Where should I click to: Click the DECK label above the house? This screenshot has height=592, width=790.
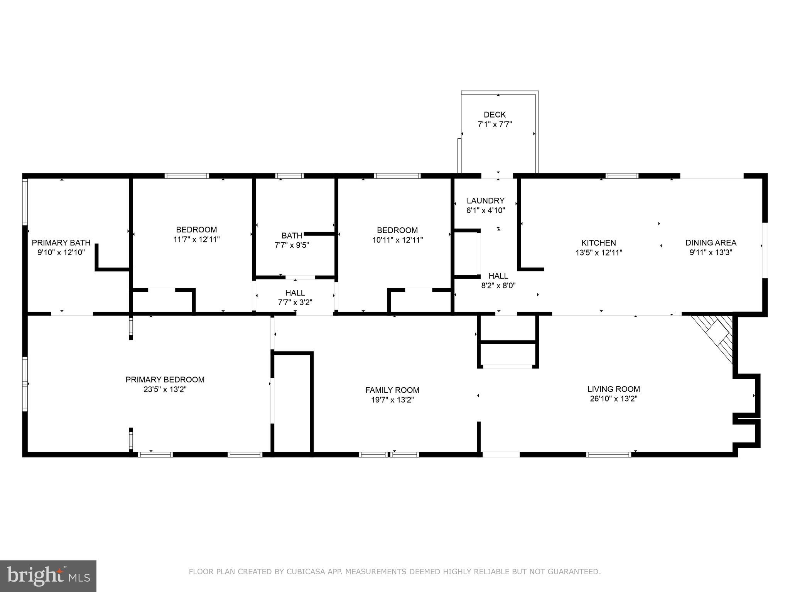point(495,114)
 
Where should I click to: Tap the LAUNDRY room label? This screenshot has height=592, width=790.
point(485,200)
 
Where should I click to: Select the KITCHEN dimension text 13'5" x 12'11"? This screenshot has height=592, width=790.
point(599,253)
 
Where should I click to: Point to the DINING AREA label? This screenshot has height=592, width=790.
point(711,243)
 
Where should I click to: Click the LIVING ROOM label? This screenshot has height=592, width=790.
point(613,389)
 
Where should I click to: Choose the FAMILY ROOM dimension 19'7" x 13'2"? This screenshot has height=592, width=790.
point(392,400)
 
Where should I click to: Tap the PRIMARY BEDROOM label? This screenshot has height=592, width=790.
point(165,380)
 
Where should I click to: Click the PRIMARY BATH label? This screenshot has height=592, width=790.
point(61,243)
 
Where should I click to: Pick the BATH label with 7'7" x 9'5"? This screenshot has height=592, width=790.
point(292,235)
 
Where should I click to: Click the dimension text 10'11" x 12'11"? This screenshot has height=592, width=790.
point(397,240)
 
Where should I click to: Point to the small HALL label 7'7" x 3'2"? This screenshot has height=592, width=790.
point(295,293)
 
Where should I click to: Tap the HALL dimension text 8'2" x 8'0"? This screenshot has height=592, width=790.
point(498,286)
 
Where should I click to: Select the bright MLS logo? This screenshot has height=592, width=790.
point(48,576)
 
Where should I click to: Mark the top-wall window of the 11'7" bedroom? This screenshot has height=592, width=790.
point(187,176)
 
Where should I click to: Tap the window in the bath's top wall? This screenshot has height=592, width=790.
point(289,176)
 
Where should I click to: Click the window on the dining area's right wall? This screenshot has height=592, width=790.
point(765,250)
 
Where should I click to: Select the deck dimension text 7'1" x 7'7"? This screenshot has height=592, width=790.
point(495,124)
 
